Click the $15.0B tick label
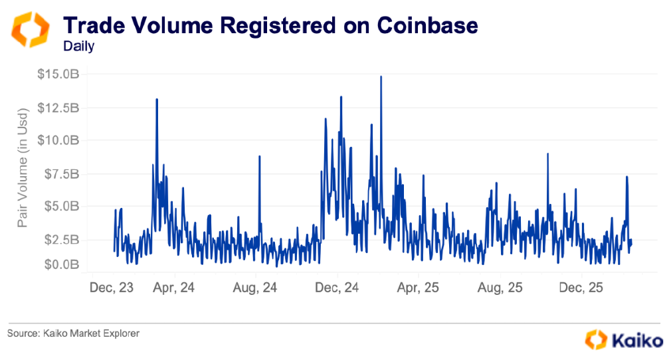coord(58,74)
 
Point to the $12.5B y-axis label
coord(58,108)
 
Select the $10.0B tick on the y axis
coord(58,140)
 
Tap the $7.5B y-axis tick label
coord(62,173)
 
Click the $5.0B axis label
coord(62,206)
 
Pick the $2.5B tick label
coord(62,239)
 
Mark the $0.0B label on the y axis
coord(62,264)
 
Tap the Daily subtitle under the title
coord(78,46)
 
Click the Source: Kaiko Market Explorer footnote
coord(74,333)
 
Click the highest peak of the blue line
coord(381,76)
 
